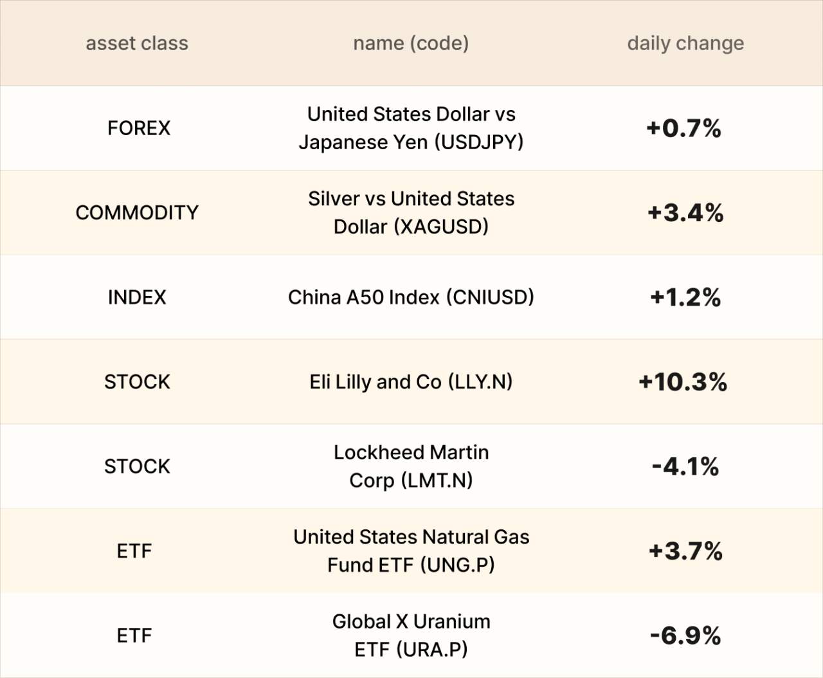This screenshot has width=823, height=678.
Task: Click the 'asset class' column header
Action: point(137,43)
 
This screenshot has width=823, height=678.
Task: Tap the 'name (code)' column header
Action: point(411,43)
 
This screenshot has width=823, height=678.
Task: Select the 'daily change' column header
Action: point(685,43)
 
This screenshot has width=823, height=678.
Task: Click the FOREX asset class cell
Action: point(139,128)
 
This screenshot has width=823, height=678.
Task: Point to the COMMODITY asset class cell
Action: point(137,212)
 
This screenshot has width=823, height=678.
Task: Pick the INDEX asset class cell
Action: point(137,297)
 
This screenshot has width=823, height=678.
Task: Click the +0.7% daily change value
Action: point(683,128)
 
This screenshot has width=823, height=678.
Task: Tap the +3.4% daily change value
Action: point(685,212)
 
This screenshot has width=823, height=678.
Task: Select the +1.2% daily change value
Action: point(685,297)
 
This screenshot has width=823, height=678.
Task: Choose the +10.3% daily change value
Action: point(683,381)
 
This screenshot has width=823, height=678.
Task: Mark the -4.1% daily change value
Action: point(685,466)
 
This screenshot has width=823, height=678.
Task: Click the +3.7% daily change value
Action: point(685,551)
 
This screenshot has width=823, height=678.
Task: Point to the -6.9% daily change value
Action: point(685,636)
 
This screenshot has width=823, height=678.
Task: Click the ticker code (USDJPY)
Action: point(479,142)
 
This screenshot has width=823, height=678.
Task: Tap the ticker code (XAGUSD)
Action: point(441,227)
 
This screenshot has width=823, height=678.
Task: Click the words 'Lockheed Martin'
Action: point(411,452)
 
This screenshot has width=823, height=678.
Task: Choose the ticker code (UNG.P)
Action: point(458,565)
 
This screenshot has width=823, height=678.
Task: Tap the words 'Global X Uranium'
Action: point(411,621)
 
